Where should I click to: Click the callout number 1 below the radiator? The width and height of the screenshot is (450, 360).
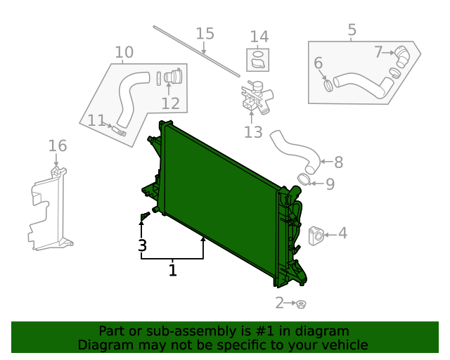[x=172, y=270]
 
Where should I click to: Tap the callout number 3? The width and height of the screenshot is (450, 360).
[x=142, y=246]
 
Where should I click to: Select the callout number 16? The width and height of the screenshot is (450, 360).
[x=58, y=146]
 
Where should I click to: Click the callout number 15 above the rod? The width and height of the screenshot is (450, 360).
[x=205, y=34]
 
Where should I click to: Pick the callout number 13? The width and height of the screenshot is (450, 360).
[x=253, y=132]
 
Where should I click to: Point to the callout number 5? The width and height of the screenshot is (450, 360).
[x=352, y=30]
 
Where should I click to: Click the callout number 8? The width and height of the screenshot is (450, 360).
[x=338, y=162]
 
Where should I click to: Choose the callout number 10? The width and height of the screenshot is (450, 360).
[x=124, y=52]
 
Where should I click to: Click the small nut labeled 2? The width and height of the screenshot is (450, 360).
[x=301, y=304]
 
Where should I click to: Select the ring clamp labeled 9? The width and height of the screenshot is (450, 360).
[x=304, y=181]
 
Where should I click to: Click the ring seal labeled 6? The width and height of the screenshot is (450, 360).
[x=328, y=85]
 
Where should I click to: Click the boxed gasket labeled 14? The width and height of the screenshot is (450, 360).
[x=258, y=60]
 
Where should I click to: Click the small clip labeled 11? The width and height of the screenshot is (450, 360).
[x=119, y=129]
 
